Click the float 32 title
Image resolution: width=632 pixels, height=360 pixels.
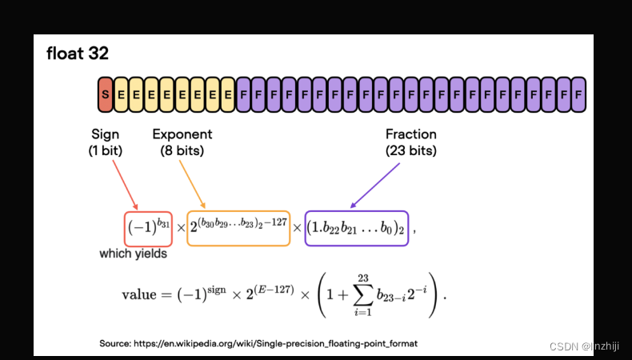pyautogui.click(x=78, y=54)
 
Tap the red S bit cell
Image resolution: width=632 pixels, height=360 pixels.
pyautogui.click(x=106, y=94)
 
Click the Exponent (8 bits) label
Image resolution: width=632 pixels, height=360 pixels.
pyautogui.click(x=182, y=142)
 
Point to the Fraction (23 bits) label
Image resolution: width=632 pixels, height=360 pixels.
pyautogui.click(x=411, y=142)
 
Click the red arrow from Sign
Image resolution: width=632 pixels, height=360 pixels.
pyautogui.click(x=125, y=185)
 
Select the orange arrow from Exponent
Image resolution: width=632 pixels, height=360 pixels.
pyautogui.click(x=192, y=184)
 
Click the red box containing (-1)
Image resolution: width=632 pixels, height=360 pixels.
pyautogui.click(x=148, y=228)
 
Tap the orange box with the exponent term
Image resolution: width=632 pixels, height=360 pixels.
pyautogui.click(x=238, y=228)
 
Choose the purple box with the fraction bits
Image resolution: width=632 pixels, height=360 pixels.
pyautogui.click(x=357, y=228)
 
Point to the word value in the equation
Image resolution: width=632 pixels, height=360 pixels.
pyautogui.click(x=140, y=294)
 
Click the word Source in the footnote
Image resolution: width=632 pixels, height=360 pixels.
pyautogui.click(x=116, y=343)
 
